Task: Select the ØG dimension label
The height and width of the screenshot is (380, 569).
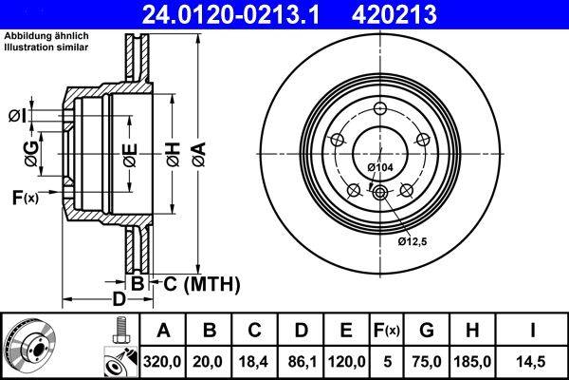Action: pyautogui.click(x=31, y=149)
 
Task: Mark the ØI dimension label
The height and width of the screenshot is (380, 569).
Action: pyautogui.click(x=17, y=115)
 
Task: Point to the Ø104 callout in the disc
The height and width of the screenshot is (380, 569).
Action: pyautogui.click(x=379, y=167)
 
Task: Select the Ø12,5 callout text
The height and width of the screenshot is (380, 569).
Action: pyautogui.click(x=414, y=242)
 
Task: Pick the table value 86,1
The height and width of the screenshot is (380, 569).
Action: pyautogui.click(x=301, y=361)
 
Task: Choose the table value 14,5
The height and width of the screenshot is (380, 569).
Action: pyautogui.click(x=533, y=361)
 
